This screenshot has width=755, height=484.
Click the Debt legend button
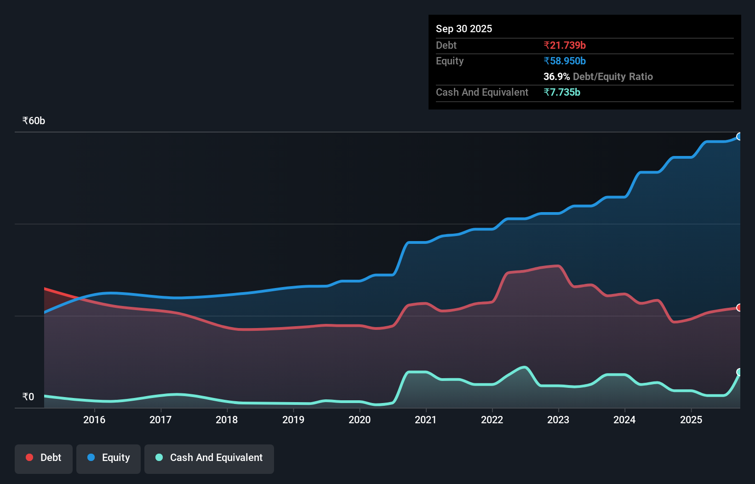click(x=44, y=458)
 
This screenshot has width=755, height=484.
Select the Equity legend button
click(x=109, y=458)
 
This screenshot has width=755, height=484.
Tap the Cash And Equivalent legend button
click(x=209, y=458)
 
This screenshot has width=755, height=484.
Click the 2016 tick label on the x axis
click(x=94, y=420)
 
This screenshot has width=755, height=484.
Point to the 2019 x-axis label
click(x=293, y=420)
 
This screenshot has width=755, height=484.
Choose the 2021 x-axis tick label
click(x=426, y=420)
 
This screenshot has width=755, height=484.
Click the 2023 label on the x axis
click(x=558, y=420)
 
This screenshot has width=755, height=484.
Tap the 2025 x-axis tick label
click(x=691, y=420)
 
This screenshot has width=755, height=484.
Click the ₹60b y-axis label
click(x=34, y=121)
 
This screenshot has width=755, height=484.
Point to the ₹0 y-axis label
click(x=28, y=397)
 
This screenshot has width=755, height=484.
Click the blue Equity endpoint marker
click(x=739, y=137)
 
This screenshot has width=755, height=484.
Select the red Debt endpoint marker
click(x=739, y=307)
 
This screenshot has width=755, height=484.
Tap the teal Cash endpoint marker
click(x=739, y=372)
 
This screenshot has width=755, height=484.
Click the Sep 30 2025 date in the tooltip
click(x=463, y=29)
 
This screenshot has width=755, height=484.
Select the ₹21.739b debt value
click(x=565, y=46)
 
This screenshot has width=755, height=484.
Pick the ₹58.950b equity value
click(x=565, y=61)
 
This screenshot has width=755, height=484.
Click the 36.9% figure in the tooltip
click(x=556, y=77)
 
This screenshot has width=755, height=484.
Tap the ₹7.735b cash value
click(x=562, y=92)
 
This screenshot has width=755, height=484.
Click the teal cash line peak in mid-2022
click(x=525, y=367)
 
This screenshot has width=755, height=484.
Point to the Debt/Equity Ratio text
click(x=613, y=77)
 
